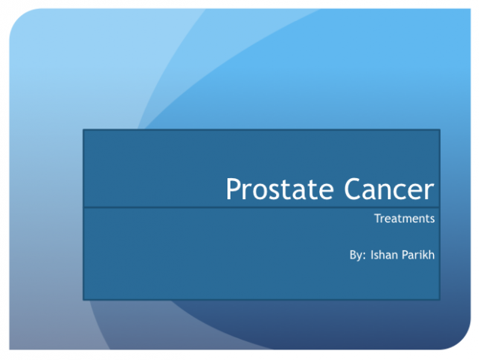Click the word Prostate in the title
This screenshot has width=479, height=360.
272,189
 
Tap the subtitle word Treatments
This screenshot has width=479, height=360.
405,219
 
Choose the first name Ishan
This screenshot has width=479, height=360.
383,255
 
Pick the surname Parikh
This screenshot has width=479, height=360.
418,255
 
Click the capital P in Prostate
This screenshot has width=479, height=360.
233,189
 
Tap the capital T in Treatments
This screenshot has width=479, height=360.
377,219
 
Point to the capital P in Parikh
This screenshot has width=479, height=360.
405,255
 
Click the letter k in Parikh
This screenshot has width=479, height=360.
426,255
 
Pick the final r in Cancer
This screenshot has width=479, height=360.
429,192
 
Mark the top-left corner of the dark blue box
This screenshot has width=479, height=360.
83,130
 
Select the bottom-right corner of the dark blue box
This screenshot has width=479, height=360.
440,299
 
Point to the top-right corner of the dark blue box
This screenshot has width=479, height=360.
440,130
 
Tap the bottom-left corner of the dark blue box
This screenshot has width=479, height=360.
83,299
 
